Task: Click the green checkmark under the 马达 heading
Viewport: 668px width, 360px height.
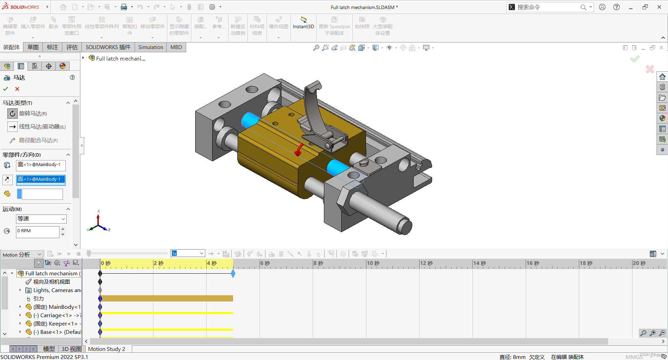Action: (6, 89)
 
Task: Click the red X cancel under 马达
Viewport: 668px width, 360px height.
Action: (17, 89)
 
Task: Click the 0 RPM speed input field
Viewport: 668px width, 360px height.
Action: (37, 231)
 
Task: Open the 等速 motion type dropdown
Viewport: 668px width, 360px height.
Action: (41, 219)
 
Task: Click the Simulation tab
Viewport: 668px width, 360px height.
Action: (150, 47)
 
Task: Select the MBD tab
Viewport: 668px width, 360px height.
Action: (176, 47)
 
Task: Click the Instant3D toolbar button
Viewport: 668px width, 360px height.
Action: (303, 23)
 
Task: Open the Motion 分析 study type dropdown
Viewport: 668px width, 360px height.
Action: (22, 255)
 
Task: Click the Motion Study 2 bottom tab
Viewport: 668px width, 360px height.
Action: (106, 349)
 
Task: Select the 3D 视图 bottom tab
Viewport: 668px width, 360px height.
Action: (71, 349)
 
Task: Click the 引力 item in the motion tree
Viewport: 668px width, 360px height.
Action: (38, 299)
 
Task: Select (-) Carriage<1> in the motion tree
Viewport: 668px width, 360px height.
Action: (56, 315)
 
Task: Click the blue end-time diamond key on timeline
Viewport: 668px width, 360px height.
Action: (233, 274)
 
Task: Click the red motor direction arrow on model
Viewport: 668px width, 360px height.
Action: (299, 150)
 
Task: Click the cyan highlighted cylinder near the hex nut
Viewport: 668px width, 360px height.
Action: (337, 168)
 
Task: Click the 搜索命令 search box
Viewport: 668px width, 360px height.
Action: (546, 7)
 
